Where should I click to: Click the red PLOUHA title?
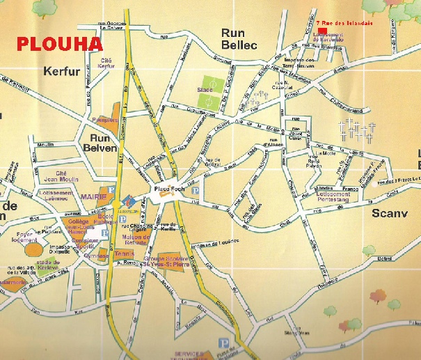pos(59,44)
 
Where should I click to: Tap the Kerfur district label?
pos(62,71)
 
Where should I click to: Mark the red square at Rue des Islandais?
pos(321,30)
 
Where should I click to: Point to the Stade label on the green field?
pos(205,91)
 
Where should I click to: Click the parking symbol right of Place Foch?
pos(195,189)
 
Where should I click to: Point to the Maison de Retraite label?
pos(157,241)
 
